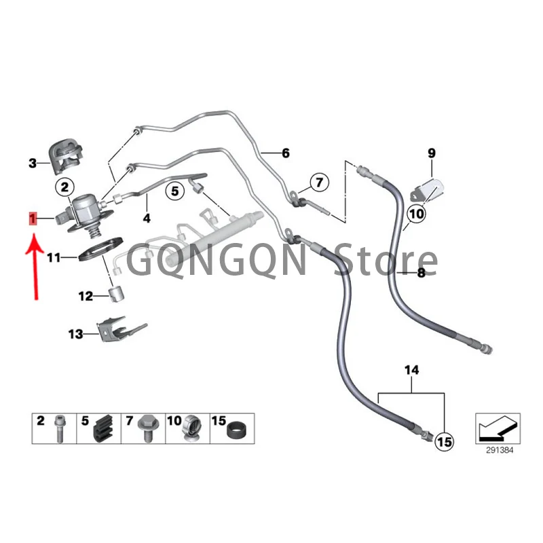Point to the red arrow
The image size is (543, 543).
coord(33,265)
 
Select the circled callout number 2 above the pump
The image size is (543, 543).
coord(64,186)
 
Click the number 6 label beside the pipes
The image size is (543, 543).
coord(285,153)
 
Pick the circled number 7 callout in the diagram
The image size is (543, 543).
coord(318,182)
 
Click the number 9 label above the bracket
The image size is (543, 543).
coord(430,153)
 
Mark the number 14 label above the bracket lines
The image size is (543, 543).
coord(411,370)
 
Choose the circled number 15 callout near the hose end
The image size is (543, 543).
coord(443,442)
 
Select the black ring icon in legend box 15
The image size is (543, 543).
coord(236,430)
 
